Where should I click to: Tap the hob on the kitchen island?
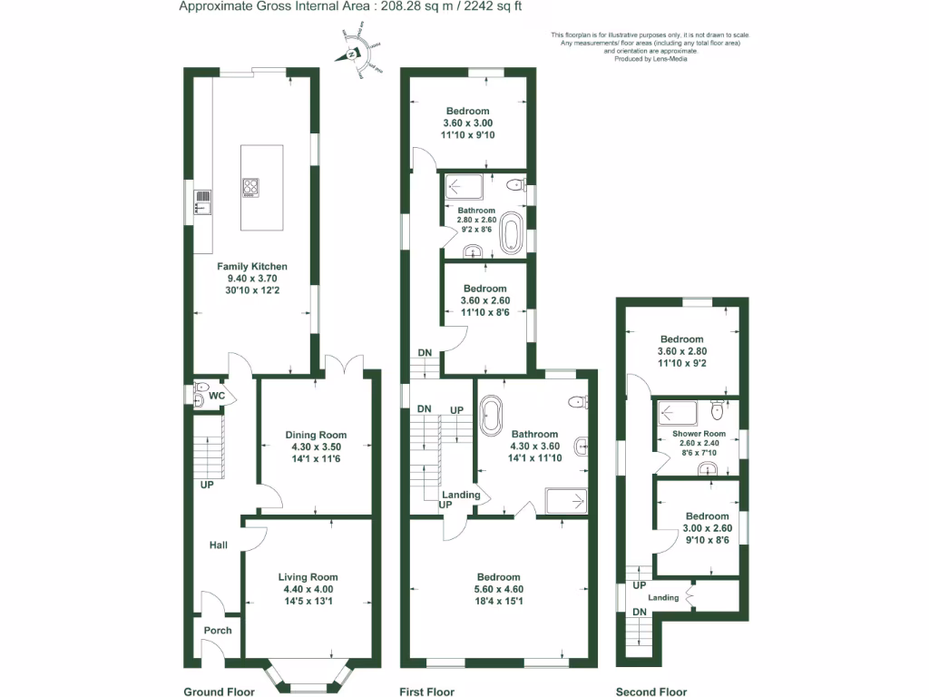251,188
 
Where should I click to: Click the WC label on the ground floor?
217,397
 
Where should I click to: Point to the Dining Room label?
316,435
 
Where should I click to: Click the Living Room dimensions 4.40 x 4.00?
308,589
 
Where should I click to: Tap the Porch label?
218,630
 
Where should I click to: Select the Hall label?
218,545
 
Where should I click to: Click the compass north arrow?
350,55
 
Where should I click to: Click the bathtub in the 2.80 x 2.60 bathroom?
513,232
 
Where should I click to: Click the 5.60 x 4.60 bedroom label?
498,577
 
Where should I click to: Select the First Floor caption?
426,692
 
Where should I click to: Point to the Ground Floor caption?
218,692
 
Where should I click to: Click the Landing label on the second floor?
662,597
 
